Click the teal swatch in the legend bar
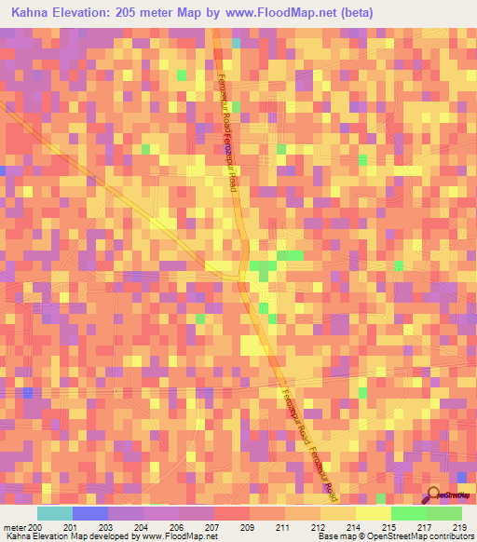pos(55,513)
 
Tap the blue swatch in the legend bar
pos(90,513)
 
